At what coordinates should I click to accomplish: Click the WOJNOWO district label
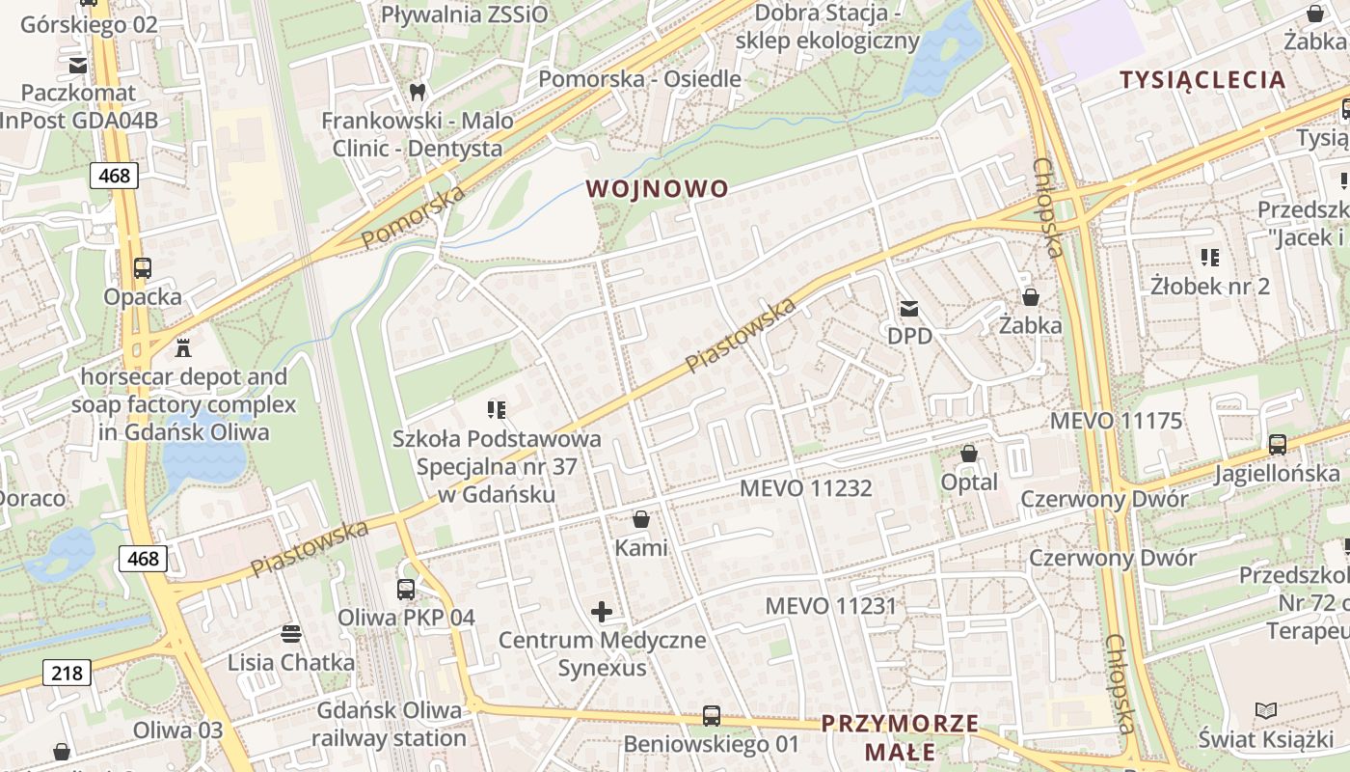(x=657, y=189)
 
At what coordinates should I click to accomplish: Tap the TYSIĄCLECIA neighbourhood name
(x=1202, y=80)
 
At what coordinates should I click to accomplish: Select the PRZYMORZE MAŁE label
(x=900, y=737)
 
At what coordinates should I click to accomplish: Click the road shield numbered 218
(x=67, y=673)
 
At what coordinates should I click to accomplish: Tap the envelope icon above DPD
(x=908, y=309)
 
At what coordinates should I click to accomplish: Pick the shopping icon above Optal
(x=969, y=454)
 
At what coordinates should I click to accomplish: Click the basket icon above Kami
(x=640, y=520)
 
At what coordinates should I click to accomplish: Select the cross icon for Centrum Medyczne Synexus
(x=602, y=611)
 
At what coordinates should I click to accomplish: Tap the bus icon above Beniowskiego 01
(x=711, y=716)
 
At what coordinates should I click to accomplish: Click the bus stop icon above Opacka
(x=142, y=268)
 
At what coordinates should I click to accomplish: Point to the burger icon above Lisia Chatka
(x=290, y=634)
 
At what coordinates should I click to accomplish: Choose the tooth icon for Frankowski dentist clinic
(x=417, y=93)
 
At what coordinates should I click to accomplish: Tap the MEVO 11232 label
(x=805, y=488)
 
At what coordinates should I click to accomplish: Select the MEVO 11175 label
(x=1116, y=421)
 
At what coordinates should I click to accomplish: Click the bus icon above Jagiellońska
(x=1277, y=445)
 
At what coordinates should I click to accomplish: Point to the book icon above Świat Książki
(x=1265, y=711)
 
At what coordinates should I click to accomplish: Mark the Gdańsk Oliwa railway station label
(x=389, y=725)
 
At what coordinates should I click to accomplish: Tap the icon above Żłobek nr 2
(x=1209, y=258)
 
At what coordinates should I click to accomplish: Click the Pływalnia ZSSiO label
(x=464, y=14)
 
